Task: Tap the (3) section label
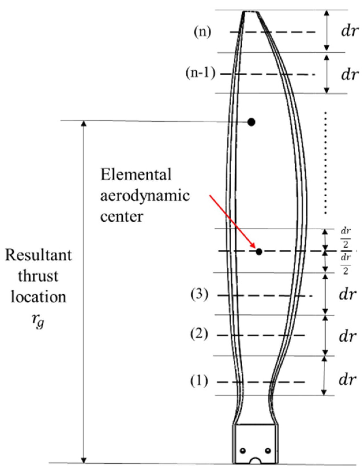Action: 199,296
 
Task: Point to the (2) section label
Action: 199,335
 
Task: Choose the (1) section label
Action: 199,382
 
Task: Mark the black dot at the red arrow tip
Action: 259,252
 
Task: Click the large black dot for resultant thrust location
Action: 252,122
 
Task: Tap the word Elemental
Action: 136,175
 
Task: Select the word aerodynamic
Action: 145,196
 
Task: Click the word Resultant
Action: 38,255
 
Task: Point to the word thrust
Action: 38,276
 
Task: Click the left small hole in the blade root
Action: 243,450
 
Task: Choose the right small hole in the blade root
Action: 268,450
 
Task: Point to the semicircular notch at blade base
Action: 256,460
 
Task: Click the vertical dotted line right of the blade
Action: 326,163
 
